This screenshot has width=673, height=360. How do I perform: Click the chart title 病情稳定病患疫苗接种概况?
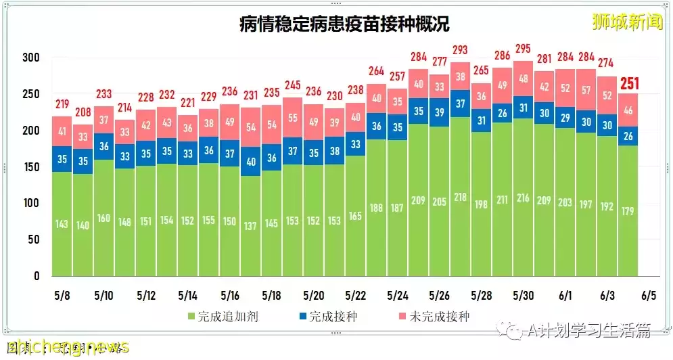click(x=344, y=26)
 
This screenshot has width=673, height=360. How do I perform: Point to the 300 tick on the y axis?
click(x=30, y=58)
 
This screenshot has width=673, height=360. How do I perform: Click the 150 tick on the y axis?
click(x=30, y=166)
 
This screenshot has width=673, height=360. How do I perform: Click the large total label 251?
click(x=628, y=83)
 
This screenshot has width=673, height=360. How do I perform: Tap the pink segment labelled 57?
click(x=586, y=90)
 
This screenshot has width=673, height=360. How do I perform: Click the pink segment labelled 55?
click(x=292, y=117)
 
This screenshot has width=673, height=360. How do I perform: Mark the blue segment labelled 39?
click(x=439, y=112)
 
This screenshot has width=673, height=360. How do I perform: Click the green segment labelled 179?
click(x=628, y=211)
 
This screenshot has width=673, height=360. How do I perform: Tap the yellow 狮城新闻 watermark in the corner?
click(x=626, y=22)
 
